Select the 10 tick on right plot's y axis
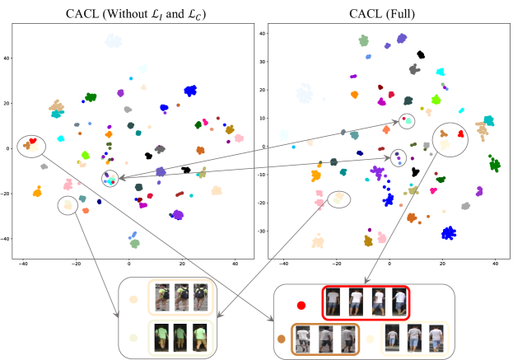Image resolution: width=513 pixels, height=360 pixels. (x=261, y=119)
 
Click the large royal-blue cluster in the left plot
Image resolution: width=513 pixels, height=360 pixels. (x=190, y=91)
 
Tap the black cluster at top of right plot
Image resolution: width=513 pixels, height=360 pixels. (x=421, y=55)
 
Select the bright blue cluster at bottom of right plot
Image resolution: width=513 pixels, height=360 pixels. (x=448, y=233)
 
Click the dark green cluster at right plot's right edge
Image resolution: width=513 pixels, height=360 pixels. (x=494, y=165)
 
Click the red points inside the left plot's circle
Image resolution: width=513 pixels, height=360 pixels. (x=32, y=142)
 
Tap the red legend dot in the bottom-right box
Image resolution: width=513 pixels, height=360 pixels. (x=301, y=305)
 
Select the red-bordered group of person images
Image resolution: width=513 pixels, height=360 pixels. (x=365, y=302)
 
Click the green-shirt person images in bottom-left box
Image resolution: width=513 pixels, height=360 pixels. (x=179, y=338)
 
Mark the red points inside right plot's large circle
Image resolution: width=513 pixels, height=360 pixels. (x=461, y=132)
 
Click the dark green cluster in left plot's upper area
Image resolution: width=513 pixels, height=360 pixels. (x=91, y=97)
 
